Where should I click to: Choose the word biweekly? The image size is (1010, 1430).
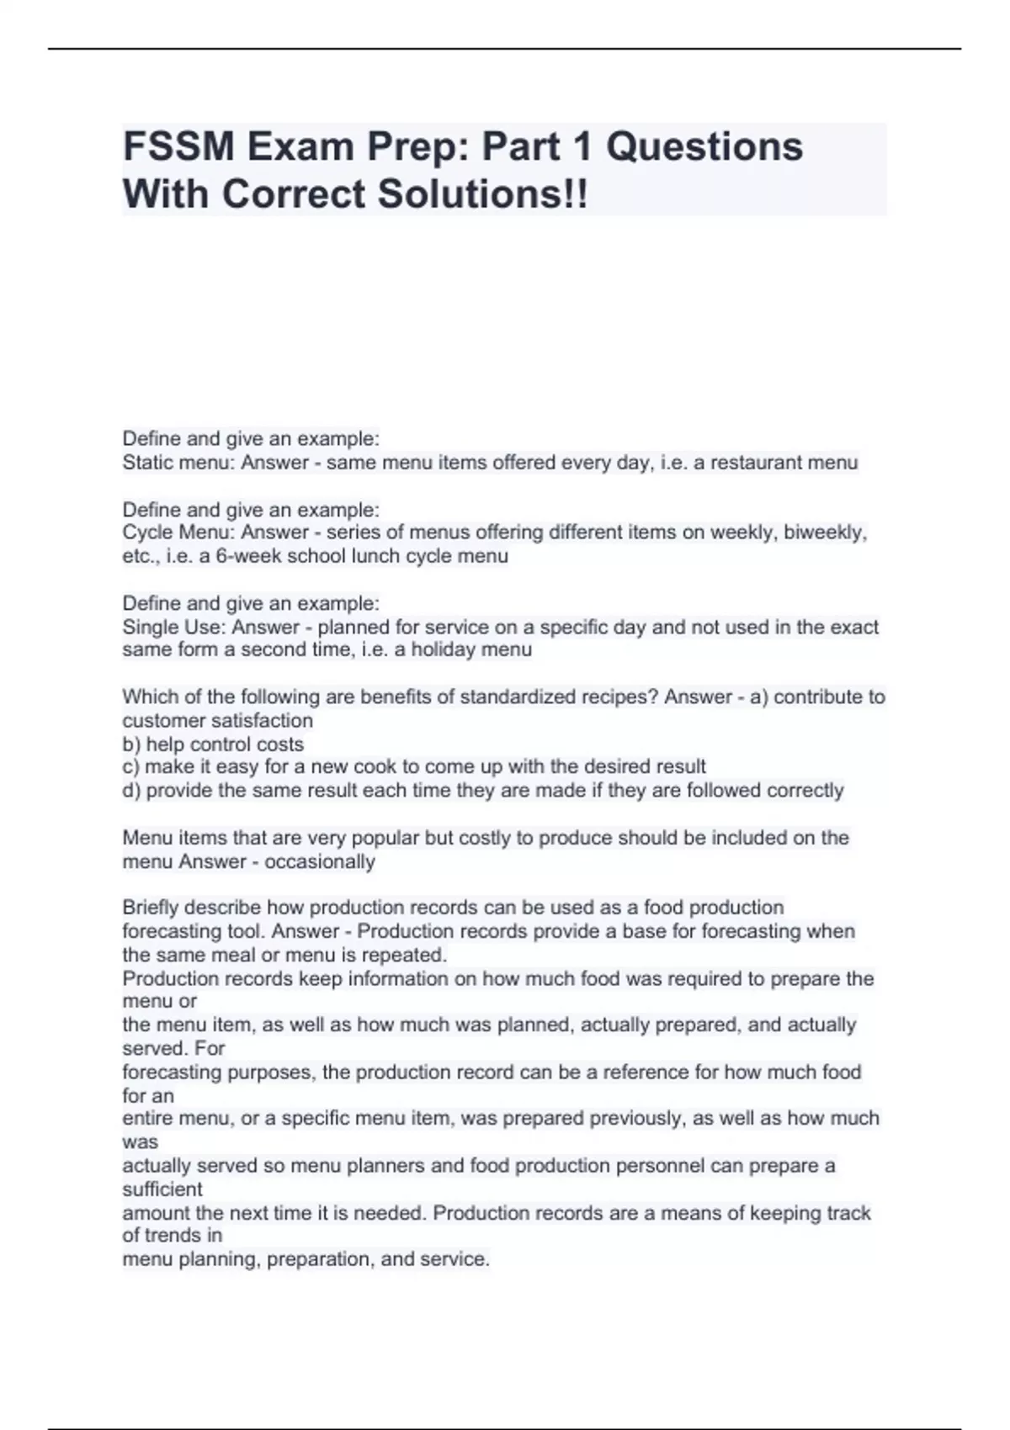tap(825, 532)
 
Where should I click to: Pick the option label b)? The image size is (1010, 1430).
tap(132, 744)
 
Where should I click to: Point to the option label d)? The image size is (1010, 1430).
tap(132, 791)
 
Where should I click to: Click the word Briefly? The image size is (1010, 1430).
tap(151, 908)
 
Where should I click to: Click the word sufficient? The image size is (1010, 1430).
tap(162, 1189)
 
